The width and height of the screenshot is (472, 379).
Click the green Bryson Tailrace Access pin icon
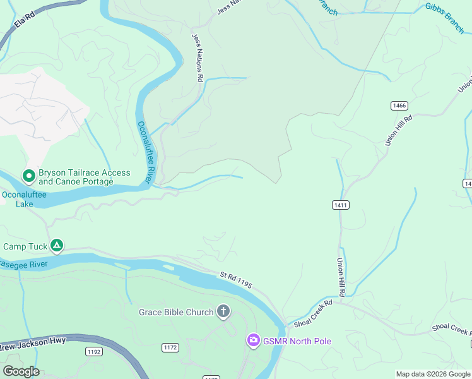(x=28, y=175)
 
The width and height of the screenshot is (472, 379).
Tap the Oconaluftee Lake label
(x=24, y=200)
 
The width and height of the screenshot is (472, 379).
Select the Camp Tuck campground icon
(x=57, y=246)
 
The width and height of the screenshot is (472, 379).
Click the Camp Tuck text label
(x=25, y=246)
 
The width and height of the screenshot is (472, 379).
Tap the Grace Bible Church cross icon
(x=223, y=311)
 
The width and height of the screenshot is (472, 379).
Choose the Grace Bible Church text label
(x=176, y=312)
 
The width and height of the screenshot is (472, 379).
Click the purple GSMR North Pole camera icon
(x=253, y=341)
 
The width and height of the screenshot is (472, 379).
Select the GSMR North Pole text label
(x=298, y=341)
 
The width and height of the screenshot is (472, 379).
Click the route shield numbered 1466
(x=399, y=105)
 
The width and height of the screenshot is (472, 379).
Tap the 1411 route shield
(x=340, y=205)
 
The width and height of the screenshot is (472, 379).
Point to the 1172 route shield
(x=170, y=347)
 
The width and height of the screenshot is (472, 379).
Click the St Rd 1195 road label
(x=236, y=281)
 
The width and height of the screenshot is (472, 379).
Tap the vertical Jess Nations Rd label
(x=197, y=57)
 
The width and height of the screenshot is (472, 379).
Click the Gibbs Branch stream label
(x=444, y=18)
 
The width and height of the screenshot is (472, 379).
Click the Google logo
(x=21, y=371)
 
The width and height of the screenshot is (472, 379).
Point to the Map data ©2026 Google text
(x=434, y=374)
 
